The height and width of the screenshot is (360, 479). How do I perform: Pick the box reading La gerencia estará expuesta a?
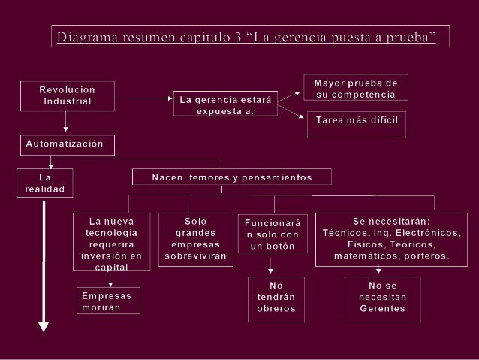click(x=225, y=105)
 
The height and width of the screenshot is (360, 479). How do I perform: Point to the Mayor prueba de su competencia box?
click(x=356, y=87)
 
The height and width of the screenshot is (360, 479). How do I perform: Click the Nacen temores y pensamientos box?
click(x=231, y=177)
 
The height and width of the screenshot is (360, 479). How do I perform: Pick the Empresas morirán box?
click(x=108, y=302)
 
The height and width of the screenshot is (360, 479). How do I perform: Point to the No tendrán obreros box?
click(x=276, y=298)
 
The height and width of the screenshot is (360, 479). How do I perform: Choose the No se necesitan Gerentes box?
click(x=382, y=298)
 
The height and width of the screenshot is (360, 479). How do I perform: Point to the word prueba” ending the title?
click(x=408, y=37)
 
